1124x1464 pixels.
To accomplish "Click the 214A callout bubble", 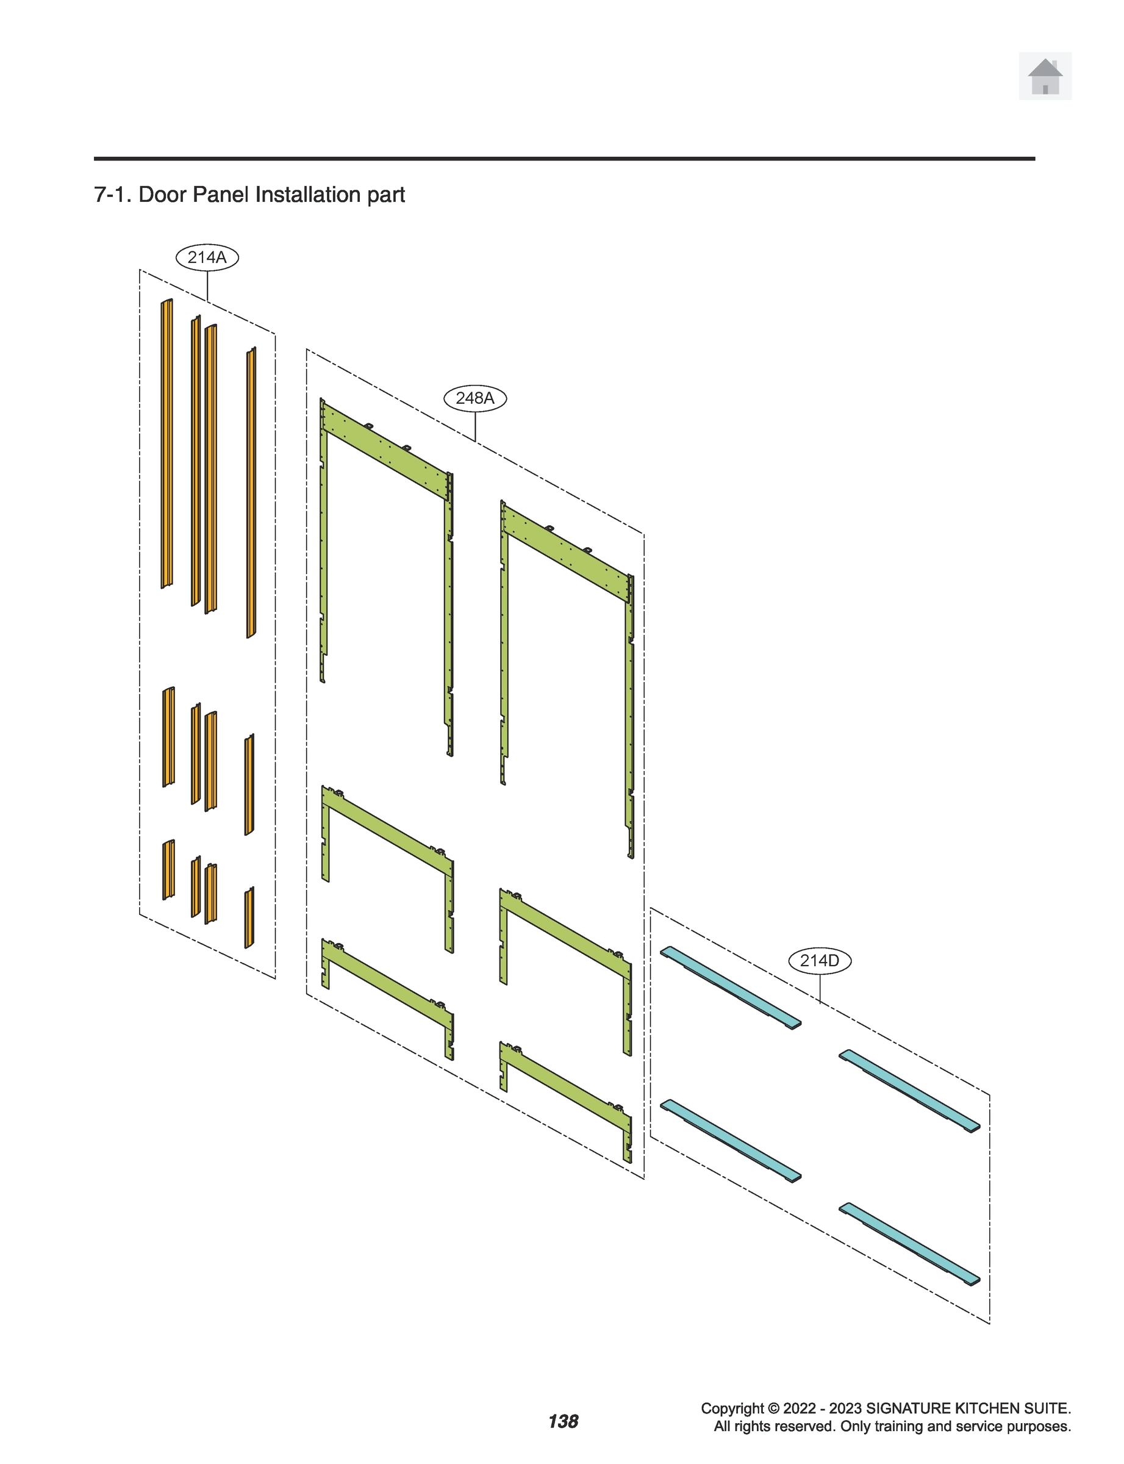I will [207, 257].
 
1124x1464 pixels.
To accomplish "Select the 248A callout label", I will [475, 398].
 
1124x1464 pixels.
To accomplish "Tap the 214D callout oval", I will [820, 961].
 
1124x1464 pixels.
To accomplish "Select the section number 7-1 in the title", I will [112, 195].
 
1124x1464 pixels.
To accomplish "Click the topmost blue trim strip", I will [731, 987].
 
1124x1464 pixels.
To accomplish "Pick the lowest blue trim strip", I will [910, 1244].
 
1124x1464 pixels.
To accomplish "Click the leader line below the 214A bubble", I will [207, 285].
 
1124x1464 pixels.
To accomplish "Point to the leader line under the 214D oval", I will [820, 988].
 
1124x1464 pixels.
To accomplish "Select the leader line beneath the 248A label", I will [476, 426].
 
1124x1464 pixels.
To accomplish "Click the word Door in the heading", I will [163, 195].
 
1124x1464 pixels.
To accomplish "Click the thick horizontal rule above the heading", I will [564, 159].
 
